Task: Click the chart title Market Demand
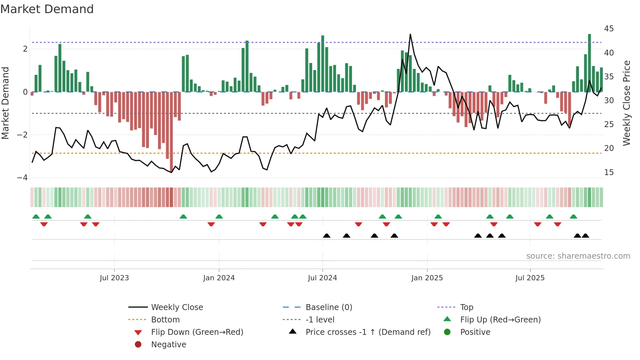point(47,9)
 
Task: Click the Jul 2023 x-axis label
point(114,278)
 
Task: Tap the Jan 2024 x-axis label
point(219,278)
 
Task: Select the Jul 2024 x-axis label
point(322,278)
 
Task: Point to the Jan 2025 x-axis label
point(427,278)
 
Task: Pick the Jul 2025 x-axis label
point(530,278)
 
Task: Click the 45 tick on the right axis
point(609,29)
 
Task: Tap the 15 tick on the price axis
point(609,172)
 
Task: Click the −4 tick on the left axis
point(22,178)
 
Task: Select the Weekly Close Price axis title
point(626,103)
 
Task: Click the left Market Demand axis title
point(5,103)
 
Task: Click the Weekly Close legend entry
point(177,307)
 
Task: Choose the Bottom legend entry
point(165,319)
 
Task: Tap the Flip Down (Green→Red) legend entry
point(197,332)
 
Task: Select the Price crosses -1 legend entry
point(368,332)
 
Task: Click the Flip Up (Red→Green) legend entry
point(500,319)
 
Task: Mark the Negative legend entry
point(168,344)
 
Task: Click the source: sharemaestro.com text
point(578,256)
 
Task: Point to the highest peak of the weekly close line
point(410,34)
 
